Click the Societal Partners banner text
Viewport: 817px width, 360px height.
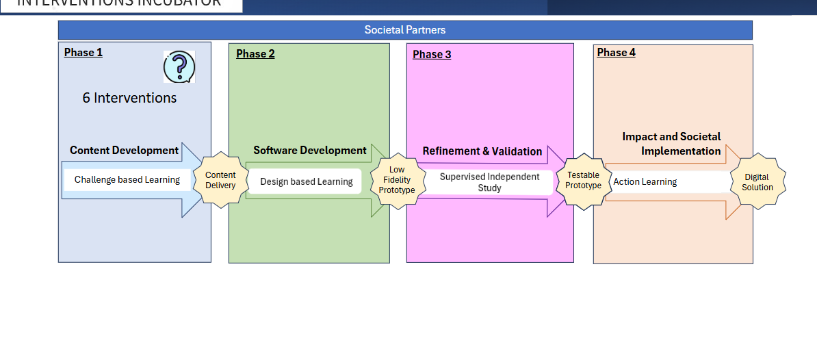[x=404, y=30]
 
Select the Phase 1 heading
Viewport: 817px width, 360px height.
[x=83, y=53]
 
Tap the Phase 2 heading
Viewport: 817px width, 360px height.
[x=255, y=54]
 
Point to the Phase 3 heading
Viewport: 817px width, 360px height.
[x=432, y=55]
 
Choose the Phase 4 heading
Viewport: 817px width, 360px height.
[x=616, y=53]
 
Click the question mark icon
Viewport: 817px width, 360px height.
[x=179, y=67]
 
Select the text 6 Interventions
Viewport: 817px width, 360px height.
[x=129, y=98]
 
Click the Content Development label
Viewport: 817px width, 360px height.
[x=124, y=151]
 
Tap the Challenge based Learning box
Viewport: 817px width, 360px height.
[x=127, y=180]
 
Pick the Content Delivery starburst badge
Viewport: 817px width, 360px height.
[x=220, y=180]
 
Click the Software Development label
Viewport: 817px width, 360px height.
[x=310, y=151]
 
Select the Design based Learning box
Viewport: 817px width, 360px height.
[x=306, y=181]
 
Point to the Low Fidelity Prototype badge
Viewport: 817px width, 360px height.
[x=397, y=180]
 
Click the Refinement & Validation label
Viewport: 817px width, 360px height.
[x=482, y=151]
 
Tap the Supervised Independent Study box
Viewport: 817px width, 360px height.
[x=489, y=182]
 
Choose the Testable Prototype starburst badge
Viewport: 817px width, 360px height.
[x=583, y=181]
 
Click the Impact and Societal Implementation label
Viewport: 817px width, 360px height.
[x=671, y=144]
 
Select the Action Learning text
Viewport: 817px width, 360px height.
[x=645, y=182]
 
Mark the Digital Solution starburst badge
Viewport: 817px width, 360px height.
[x=757, y=182]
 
